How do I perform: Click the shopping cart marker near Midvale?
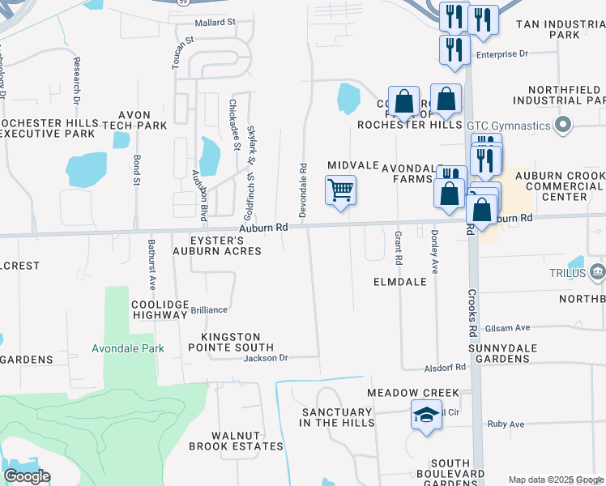click(x=340, y=191)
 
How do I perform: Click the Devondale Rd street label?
click(x=303, y=190)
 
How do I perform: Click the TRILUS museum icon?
click(x=598, y=271)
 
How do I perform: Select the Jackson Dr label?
click(x=266, y=357)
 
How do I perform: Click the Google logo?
click(x=27, y=476)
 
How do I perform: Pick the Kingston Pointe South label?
click(x=231, y=343)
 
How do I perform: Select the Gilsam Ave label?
click(x=507, y=328)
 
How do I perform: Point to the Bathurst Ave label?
click(x=151, y=264)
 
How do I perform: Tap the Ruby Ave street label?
click(x=506, y=424)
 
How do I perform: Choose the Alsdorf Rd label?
click(x=445, y=367)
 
